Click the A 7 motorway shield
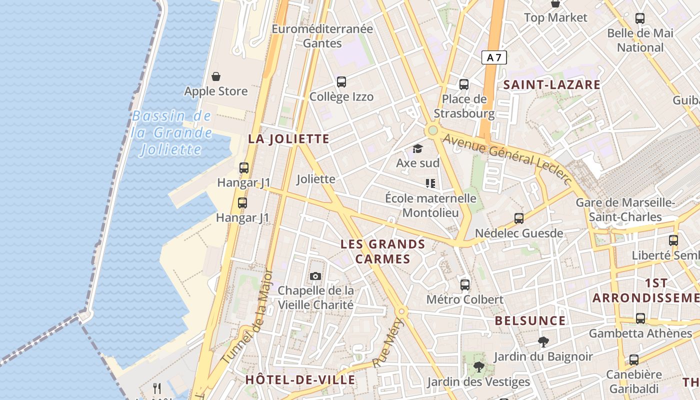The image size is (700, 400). point(494,57)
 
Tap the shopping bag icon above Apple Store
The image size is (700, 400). point(216,76)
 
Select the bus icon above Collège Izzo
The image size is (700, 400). point(341,81)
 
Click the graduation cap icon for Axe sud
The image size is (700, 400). point(417,148)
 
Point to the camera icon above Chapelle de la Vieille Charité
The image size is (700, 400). point(315,276)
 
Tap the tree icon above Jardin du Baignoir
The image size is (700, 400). point(543,342)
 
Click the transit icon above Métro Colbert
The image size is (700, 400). point(465,285)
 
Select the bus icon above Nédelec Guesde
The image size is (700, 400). point(519,218)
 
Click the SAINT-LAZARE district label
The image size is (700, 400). point(551,85)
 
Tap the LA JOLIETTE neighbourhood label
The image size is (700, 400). point(289,139)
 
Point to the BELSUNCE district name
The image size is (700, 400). point(530,320)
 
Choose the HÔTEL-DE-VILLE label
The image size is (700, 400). point(300,380)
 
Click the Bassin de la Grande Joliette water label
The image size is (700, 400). point(171,132)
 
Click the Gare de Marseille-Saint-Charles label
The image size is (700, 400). point(625,210)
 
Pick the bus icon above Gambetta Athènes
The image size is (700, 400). point(640,318)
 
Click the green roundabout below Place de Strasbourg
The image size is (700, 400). point(432,130)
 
